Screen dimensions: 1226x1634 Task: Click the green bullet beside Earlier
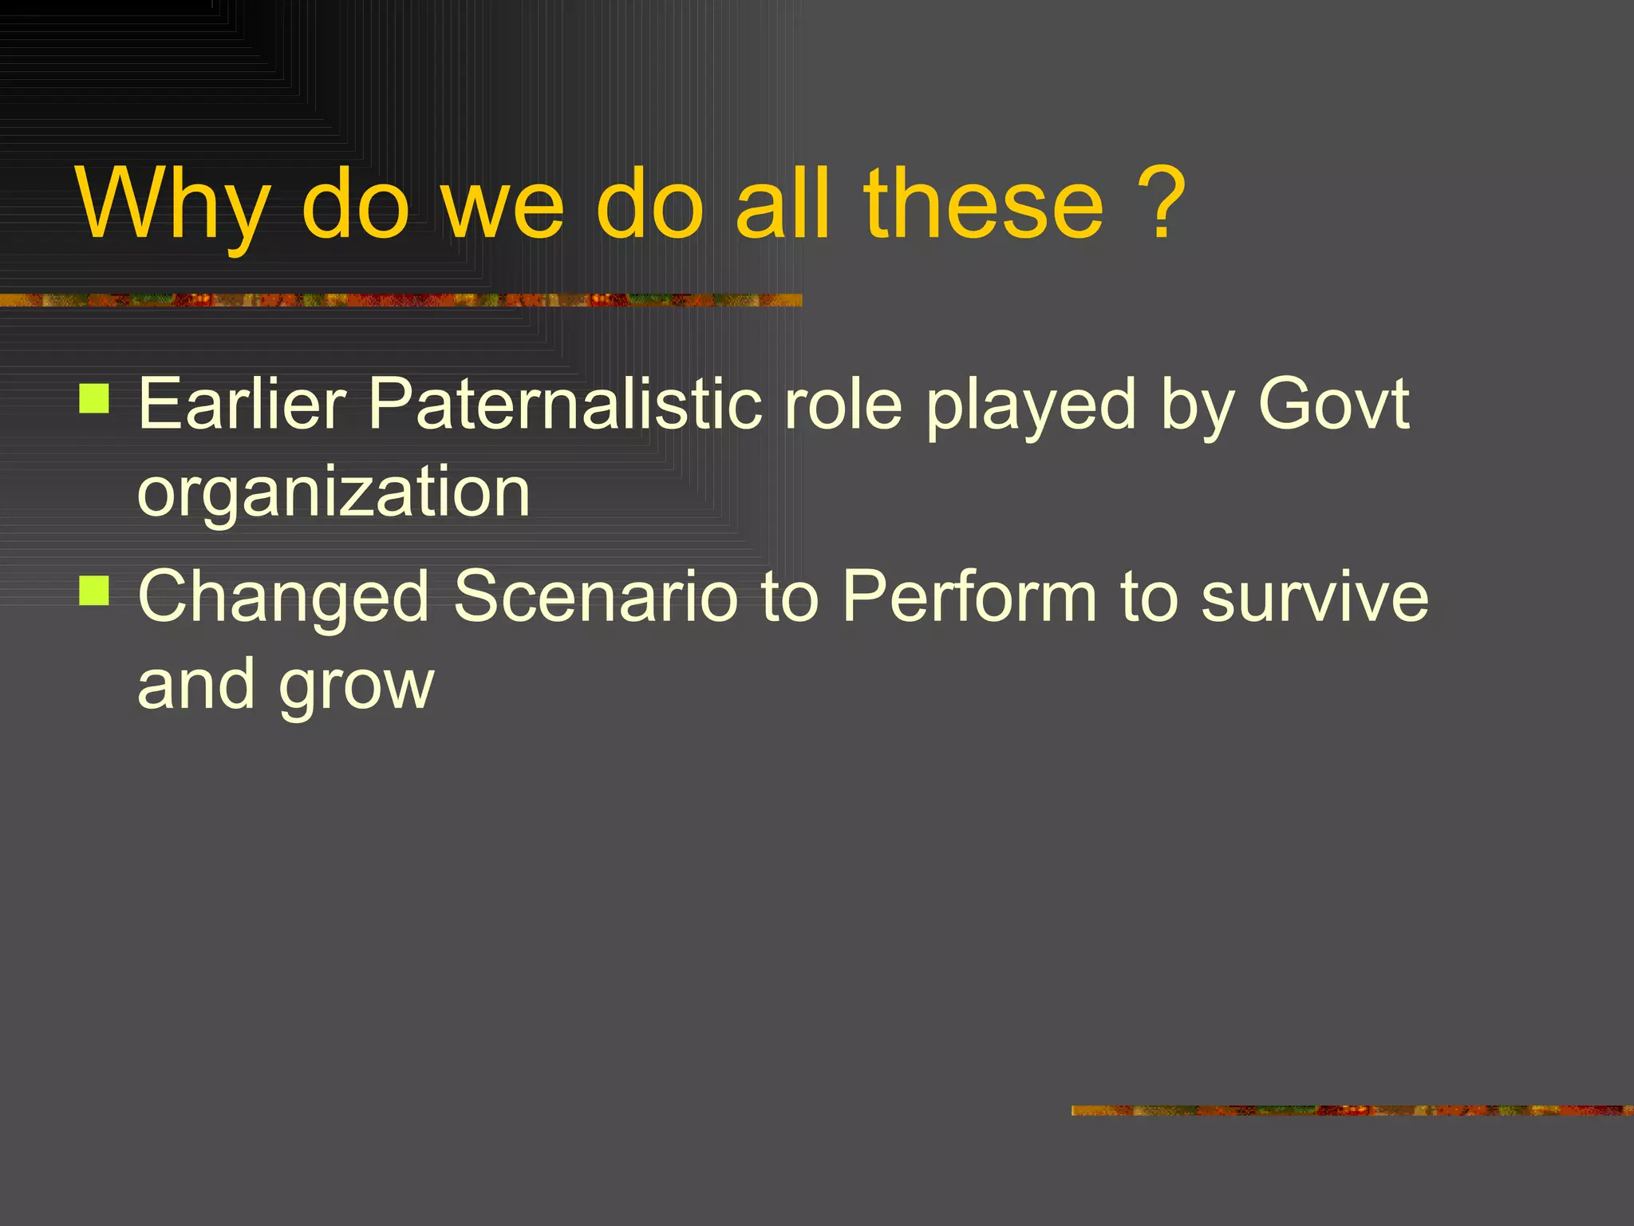(94, 398)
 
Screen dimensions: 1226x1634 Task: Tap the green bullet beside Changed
(94, 591)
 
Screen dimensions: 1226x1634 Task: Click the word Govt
(1333, 405)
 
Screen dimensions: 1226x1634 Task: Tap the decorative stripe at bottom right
(1352, 1110)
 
